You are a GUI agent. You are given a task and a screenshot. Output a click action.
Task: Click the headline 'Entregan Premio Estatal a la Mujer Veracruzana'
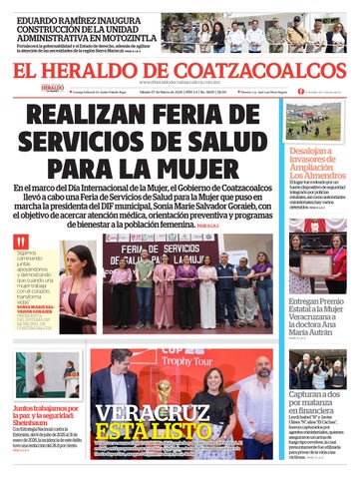[x=315, y=313]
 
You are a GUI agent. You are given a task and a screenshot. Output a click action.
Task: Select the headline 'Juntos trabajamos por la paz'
[x=44, y=414]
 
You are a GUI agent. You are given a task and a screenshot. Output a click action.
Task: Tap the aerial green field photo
[x=315, y=120]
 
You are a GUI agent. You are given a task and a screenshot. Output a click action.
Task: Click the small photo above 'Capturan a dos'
[x=315, y=368]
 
